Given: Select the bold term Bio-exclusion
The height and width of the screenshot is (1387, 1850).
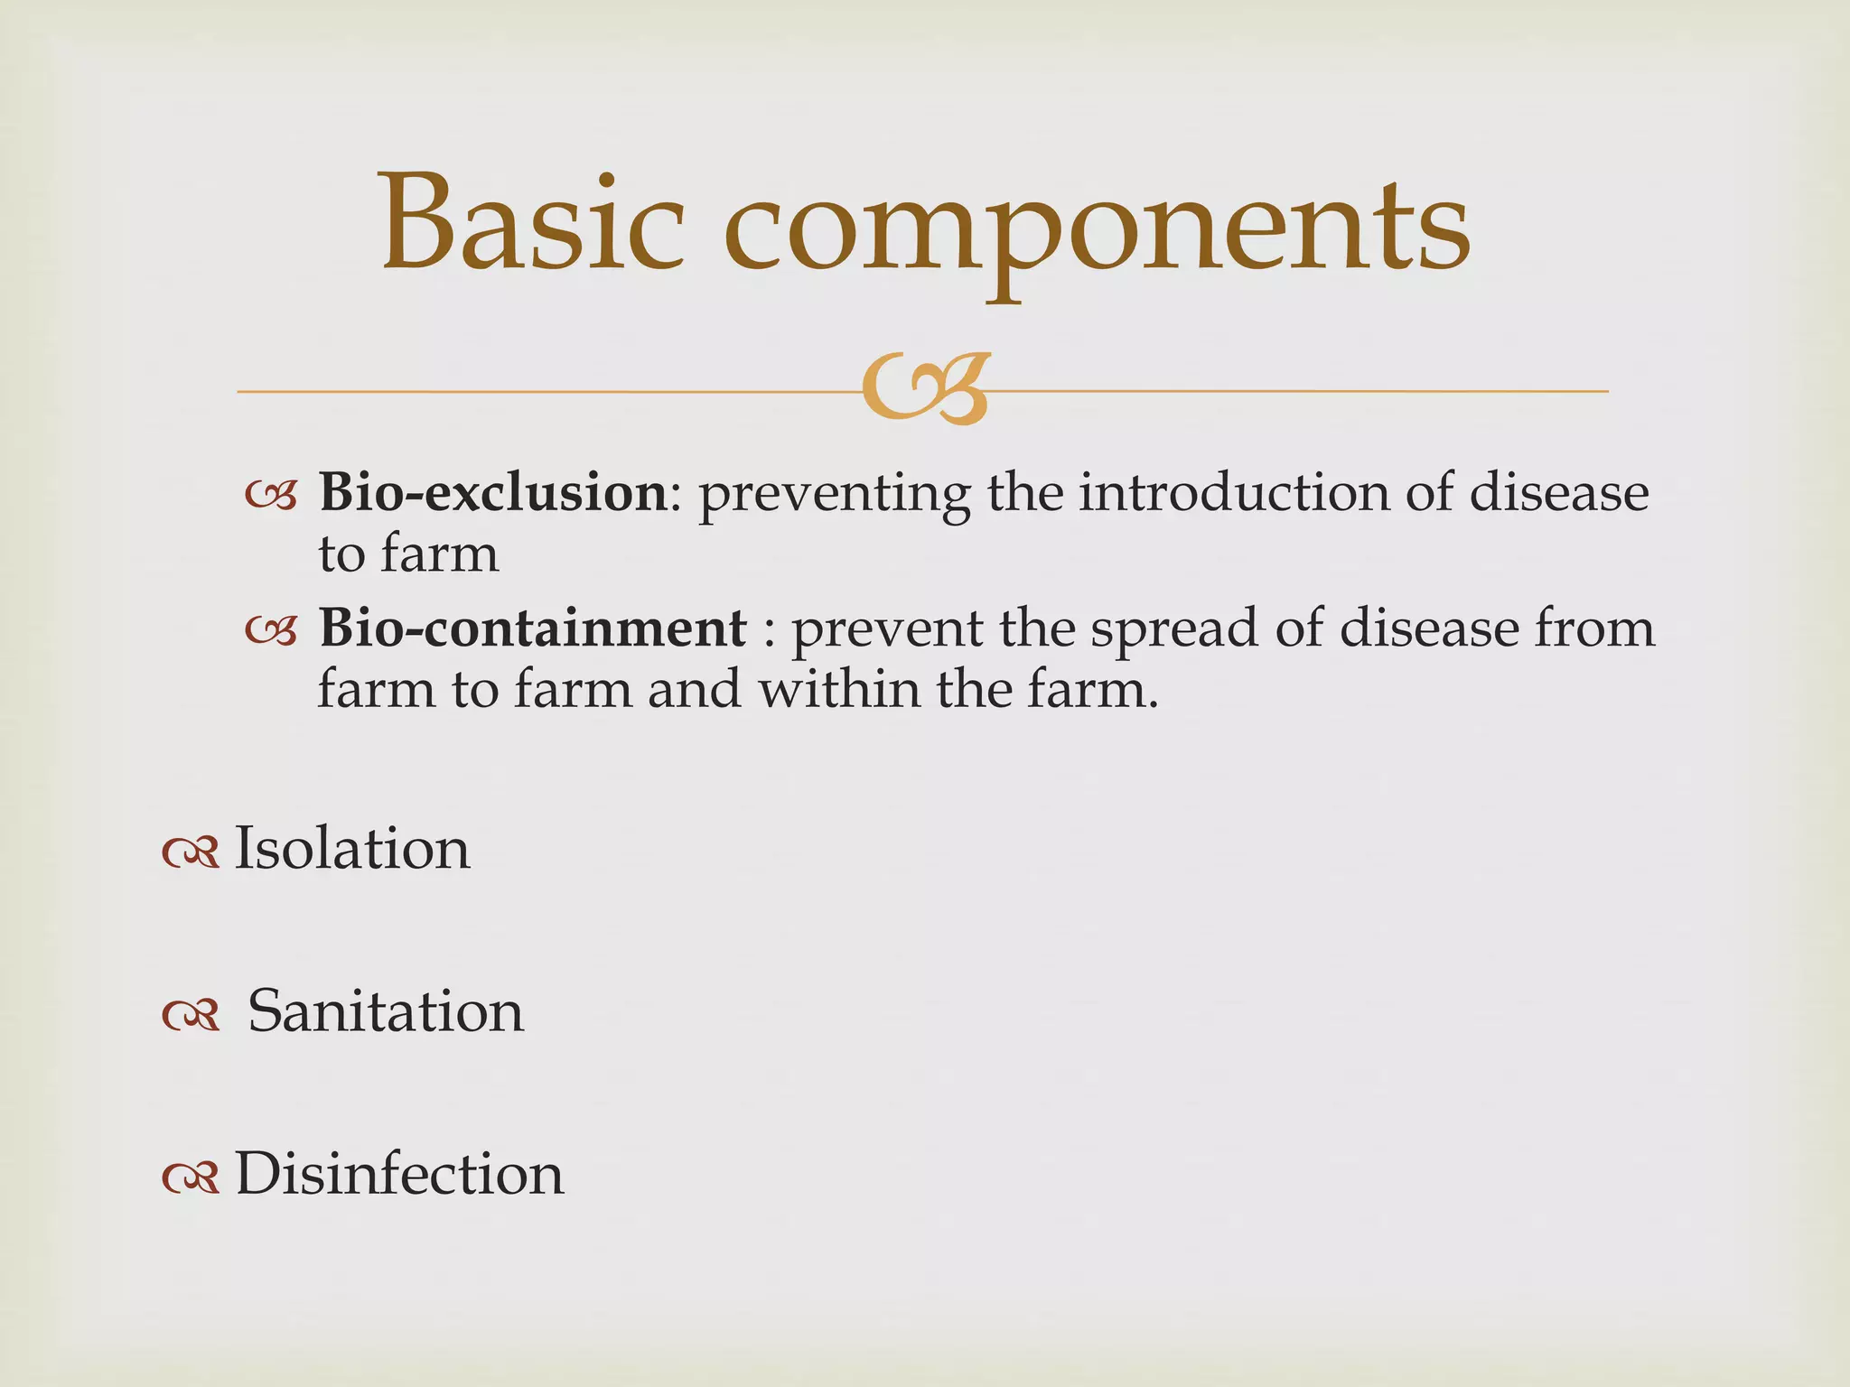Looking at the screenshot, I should click(x=492, y=493).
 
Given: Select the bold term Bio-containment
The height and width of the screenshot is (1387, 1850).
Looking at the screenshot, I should click(x=532, y=628).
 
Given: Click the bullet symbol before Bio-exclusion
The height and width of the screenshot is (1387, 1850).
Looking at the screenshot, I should click(x=271, y=496).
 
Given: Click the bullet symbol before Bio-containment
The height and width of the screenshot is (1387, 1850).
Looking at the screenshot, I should click(x=271, y=630).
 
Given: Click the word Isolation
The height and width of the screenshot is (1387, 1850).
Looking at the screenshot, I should click(x=352, y=849).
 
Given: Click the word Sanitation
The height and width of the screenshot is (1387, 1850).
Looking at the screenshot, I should click(x=386, y=1011).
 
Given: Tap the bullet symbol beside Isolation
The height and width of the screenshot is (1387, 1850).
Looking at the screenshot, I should click(x=191, y=852).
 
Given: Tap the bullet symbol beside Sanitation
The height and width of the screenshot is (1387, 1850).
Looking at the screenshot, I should click(x=191, y=1015).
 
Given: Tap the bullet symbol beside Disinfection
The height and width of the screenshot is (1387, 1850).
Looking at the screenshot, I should click(x=191, y=1178).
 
